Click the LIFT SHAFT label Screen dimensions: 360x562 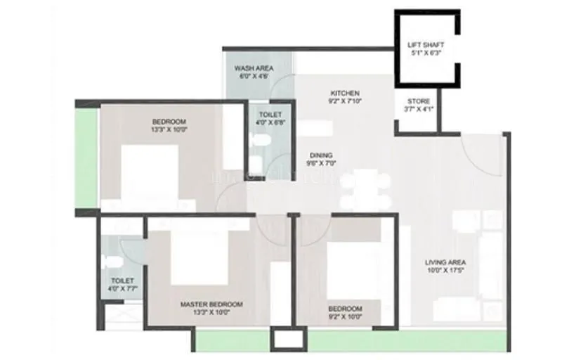click(426, 46)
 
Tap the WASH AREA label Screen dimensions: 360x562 click(254, 68)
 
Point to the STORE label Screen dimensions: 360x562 click(418, 101)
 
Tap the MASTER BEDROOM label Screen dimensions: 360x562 click(211, 304)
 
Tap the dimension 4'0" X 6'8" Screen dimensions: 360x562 click(270, 122)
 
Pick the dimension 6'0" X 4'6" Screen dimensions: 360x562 click(254, 77)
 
